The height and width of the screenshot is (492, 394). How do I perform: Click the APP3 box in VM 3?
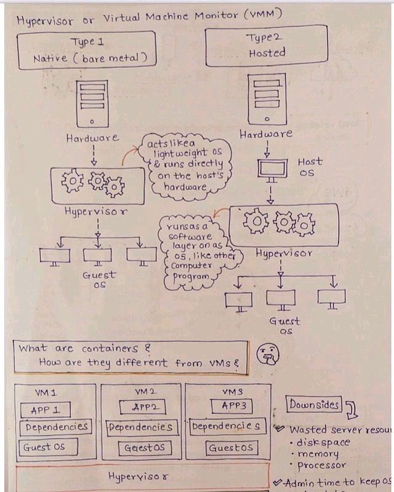(x=231, y=406)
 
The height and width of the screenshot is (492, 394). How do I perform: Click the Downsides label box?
(x=313, y=405)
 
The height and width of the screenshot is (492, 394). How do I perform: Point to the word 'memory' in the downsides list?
(x=318, y=454)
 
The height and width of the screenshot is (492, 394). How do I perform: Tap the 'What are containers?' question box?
(x=131, y=355)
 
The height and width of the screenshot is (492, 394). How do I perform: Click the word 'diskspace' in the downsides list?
(x=324, y=442)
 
